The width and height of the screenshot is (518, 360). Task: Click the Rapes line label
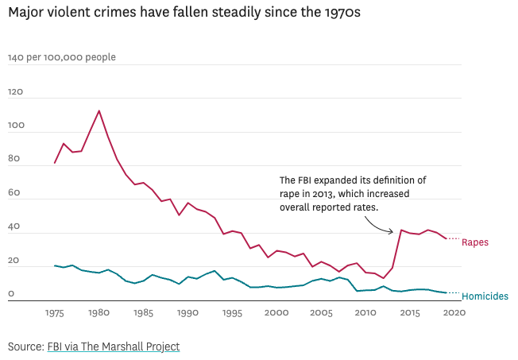[x=475, y=242]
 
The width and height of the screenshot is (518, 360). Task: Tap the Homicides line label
[x=485, y=296]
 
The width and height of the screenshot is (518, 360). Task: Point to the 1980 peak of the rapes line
[x=99, y=110]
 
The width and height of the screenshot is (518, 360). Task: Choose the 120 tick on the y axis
[x=16, y=92]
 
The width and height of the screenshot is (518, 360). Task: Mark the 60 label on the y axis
[x=14, y=193]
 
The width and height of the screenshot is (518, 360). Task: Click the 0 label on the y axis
[x=11, y=294]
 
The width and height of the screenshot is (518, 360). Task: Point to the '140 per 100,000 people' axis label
[x=61, y=57]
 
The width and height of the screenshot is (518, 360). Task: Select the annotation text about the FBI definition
[x=353, y=194]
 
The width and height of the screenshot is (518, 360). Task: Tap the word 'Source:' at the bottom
[x=25, y=346]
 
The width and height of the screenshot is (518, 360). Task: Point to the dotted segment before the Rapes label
[x=452, y=238]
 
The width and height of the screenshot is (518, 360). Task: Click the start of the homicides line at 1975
[x=55, y=265]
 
